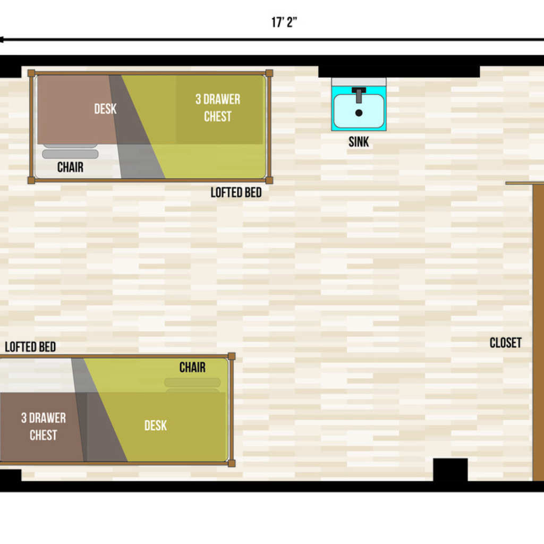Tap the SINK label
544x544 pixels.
359,142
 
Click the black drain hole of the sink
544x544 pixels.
359,113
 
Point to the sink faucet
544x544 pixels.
359,95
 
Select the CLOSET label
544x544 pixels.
505,343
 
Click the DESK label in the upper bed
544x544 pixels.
105,108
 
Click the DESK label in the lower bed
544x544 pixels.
155,426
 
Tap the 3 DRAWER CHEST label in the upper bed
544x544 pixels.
218,108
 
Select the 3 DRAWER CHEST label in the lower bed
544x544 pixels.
44,427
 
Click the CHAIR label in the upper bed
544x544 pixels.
70,167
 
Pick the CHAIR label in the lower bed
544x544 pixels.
192,367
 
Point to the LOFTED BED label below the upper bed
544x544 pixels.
236,192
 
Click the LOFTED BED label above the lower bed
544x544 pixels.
30,347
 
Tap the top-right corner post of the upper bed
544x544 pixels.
269,73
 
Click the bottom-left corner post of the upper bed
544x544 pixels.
31,180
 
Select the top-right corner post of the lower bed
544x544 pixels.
232,356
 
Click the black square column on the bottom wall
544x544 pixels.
450,470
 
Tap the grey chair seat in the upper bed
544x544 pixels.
70,154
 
